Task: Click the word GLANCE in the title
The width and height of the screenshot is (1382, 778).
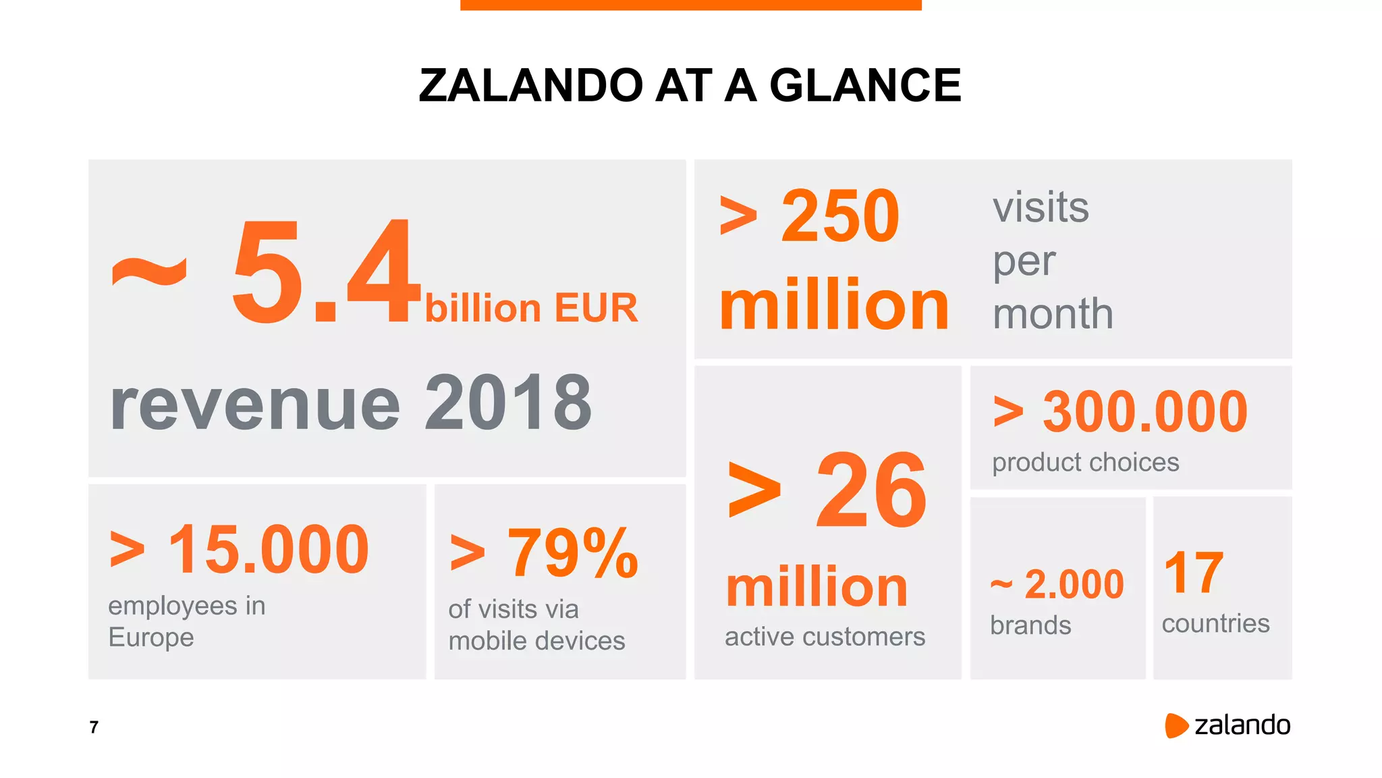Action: pos(865,86)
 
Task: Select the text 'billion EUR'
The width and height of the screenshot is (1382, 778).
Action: pos(531,309)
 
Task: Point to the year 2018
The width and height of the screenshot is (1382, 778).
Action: pos(508,403)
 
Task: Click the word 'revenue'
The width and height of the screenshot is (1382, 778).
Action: pos(255,405)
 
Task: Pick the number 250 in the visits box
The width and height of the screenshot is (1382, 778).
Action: pos(839,216)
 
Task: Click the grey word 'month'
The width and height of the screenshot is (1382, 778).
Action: pos(1053,314)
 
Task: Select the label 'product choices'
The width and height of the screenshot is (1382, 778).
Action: pos(1085,463)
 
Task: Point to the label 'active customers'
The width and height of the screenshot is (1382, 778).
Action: pos(825,637)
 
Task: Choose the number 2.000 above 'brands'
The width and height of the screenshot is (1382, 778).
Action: pos(1074,584)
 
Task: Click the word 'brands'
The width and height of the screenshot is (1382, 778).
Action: pos(1030,625)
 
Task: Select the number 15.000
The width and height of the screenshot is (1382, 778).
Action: pos(268,550)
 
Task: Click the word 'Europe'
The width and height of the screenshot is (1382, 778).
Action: pos(151,638)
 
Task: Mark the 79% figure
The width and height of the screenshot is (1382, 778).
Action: pos(572,554)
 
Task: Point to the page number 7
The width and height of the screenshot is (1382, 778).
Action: pos(94,727)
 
